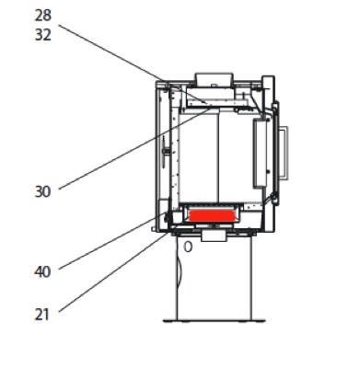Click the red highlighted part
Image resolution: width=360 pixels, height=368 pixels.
click(212, 215)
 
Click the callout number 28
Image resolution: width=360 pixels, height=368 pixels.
click(42, 16)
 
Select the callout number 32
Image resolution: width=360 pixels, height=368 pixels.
click(42, 35)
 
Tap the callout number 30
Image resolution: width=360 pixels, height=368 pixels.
click(42, 192)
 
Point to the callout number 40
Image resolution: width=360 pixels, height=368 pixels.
click(42, 271)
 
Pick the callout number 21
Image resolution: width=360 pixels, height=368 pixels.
click(42, 315)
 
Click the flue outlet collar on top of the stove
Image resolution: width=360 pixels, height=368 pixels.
click(215, 79)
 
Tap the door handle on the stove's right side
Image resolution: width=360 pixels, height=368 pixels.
click(284, 153)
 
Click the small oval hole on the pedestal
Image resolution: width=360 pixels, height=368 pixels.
click(188, 247)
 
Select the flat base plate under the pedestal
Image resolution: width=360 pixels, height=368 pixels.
click(215, 321)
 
